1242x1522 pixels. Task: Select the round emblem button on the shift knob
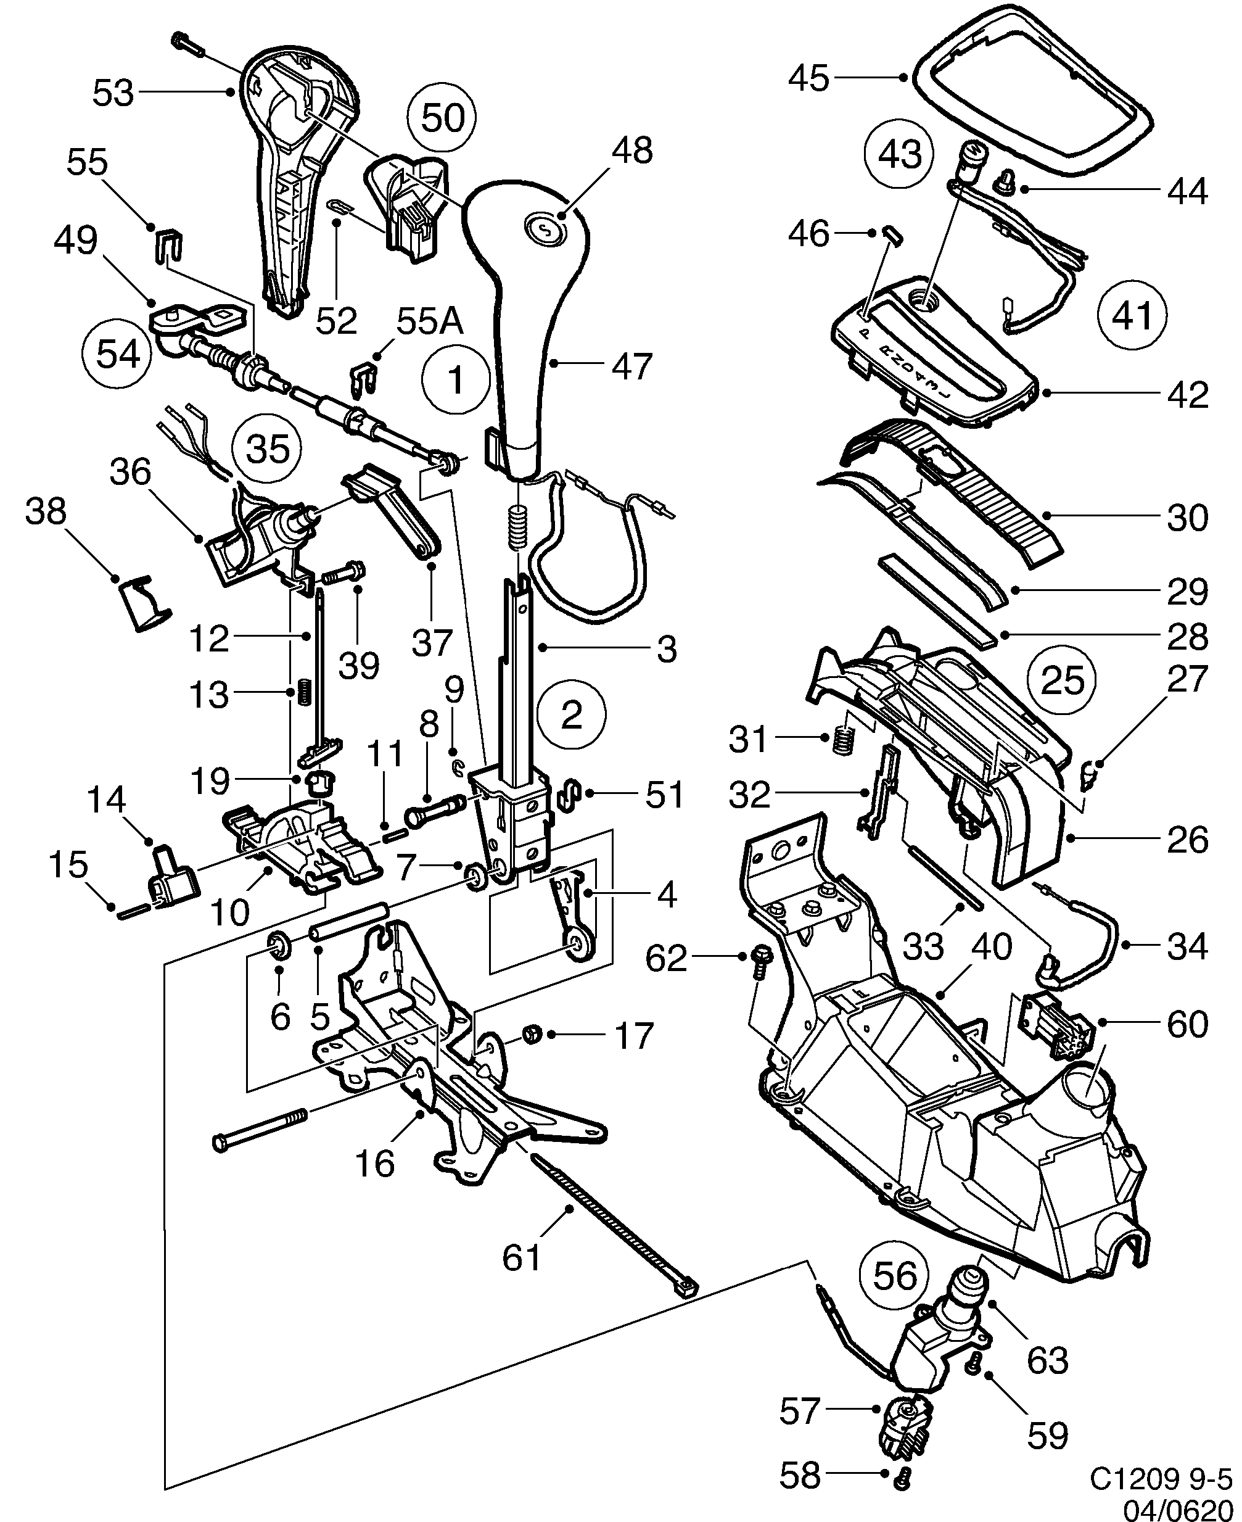545,229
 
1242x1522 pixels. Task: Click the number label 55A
430,322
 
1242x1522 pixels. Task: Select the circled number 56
895,1276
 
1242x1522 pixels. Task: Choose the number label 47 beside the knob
631,366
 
